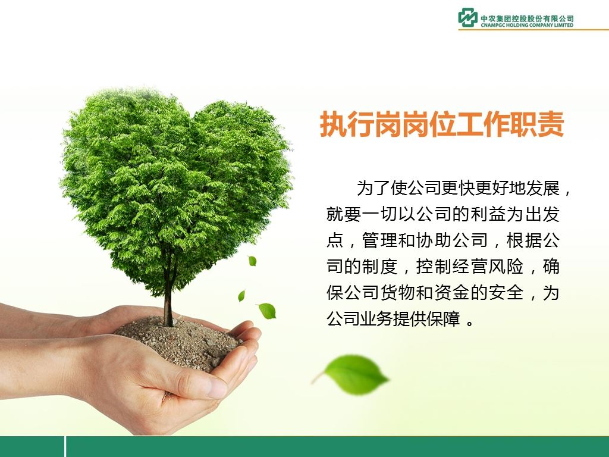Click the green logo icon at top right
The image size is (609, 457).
(467, 18)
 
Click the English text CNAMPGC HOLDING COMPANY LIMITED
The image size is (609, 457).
(527, 25)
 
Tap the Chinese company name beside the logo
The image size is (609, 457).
(527, 18)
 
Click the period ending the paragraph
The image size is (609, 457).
(470, 323)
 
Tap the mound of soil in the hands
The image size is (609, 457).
(178, 340)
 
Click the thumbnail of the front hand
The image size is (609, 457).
(216, 389)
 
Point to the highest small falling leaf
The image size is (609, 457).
(252, 261)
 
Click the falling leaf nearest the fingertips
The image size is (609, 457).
(266, 311)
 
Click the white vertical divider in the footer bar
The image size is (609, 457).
(65, 446)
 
